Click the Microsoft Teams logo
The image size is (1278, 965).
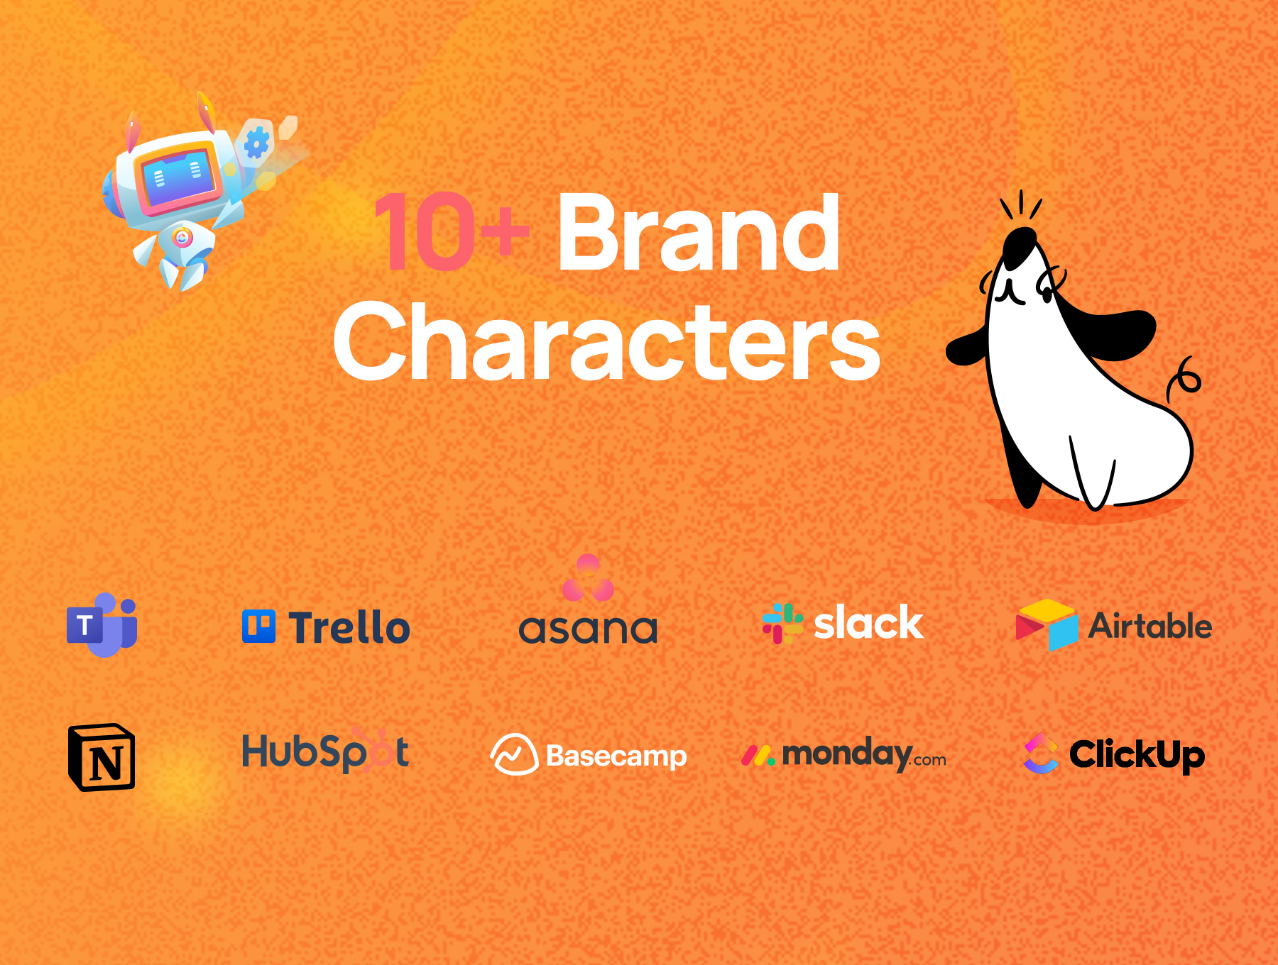click(x=102, y=624)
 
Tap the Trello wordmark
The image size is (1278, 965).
click(x=349, y=627)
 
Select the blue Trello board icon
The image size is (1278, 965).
click(x=258, y=627)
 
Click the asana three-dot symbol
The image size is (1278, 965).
click(x=588, y=578)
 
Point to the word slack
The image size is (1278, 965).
click(x=868, y=622)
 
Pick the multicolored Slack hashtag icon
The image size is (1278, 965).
click(x=782, y=624)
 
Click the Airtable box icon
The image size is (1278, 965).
click(x=1047, y=625)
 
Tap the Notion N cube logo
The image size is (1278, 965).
click(x=102, y=757)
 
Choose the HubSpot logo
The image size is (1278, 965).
click(x=325, y=750)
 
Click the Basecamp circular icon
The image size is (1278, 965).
click(x=514, y=754)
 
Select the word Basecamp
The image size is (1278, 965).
click(x=616, y=756)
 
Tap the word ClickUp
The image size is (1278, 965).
click(x=1137, y=754)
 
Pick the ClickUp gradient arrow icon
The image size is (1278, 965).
click(x=1041, y=753)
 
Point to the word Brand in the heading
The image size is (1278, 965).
click(x=699, y=232)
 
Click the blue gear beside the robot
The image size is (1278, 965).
click(x=256, y=143)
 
